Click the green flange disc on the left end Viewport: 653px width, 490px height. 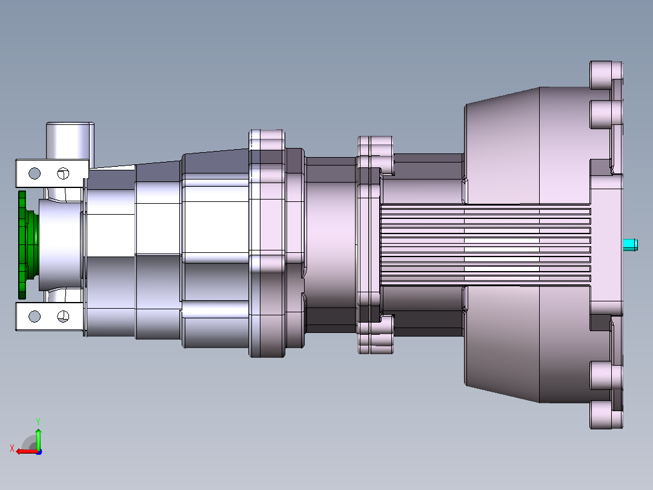22,245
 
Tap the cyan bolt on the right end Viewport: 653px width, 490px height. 630,245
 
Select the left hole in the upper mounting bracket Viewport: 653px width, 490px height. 35,173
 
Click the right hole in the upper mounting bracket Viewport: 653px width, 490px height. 63,173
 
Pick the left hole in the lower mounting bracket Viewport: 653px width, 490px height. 35,317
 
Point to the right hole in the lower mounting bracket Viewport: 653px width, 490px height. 63,317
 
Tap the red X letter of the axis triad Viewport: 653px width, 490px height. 12,448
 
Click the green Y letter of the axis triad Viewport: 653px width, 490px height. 38,421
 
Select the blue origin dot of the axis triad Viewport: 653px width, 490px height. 39,452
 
